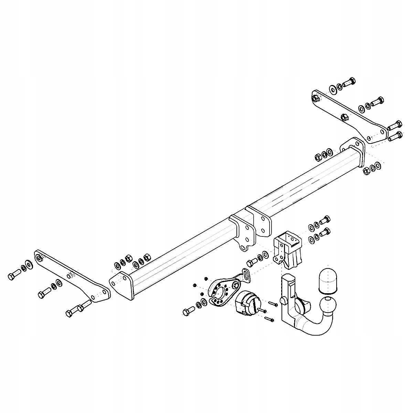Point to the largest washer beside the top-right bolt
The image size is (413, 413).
pos(333,89)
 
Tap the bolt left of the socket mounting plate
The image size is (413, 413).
pos(189,311)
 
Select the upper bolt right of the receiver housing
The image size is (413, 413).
pos(325,219)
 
